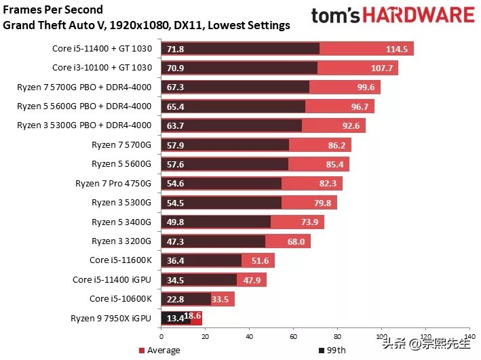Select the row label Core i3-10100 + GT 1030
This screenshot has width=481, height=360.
tap(102, 68)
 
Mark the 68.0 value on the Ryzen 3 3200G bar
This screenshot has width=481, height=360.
tap(296, 241)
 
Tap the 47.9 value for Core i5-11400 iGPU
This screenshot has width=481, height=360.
tap(252, 279)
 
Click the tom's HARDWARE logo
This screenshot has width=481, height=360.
tap(392, 16)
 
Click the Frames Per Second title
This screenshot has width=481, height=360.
tap(54, 9)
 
